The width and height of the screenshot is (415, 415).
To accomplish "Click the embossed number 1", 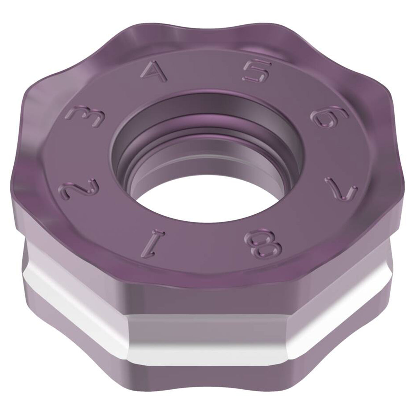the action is click(x=153, y=243).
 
